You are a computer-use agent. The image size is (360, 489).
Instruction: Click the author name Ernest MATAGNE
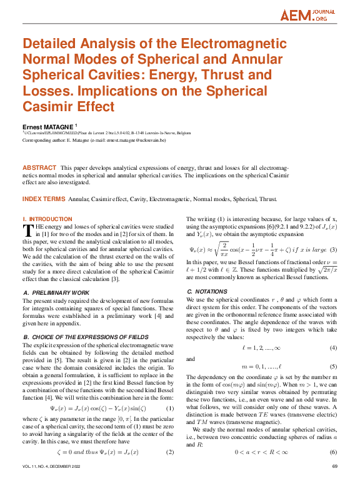[48, 127]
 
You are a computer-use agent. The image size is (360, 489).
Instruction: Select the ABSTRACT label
[39, 169]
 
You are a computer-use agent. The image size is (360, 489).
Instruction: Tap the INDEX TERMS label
[43, 199]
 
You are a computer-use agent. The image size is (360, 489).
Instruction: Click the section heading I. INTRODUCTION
[47, 219]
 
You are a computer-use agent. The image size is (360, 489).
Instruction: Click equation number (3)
[334, 250]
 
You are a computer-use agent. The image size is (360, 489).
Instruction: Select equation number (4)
[334, 347]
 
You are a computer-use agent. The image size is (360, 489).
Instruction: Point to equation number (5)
[334, 367]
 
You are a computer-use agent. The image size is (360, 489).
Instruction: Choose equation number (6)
[334, 452]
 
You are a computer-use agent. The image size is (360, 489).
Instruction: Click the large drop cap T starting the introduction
[27, 230]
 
